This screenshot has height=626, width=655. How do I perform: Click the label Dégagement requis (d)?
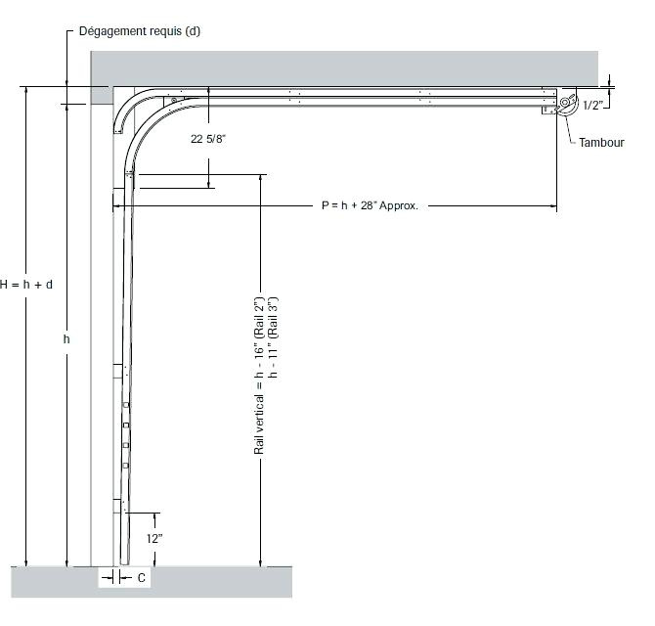(x=140, y=31)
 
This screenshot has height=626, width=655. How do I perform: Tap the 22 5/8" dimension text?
(x=208, y=139)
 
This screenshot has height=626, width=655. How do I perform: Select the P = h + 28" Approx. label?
(x=370, y=205)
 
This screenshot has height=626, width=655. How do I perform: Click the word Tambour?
(x=601, y=143)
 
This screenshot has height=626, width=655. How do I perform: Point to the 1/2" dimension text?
(x=593, y=106)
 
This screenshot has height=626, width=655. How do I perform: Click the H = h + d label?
(x=26, y=285)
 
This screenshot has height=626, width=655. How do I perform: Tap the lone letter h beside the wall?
(x=66, y=338)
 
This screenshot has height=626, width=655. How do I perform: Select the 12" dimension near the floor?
(x=154, y=538)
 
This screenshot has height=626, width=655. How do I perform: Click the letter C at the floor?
(x=141, y=577)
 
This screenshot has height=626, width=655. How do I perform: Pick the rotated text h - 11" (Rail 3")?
(x=273, y=337)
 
